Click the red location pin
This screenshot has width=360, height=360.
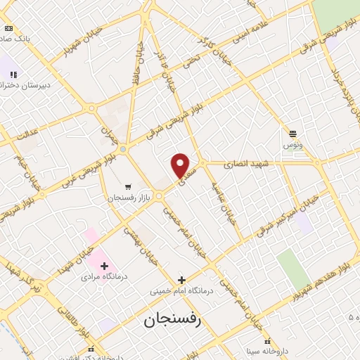pyautogui.click(x=181, y=165)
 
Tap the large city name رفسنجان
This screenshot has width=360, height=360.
pyautogui.click(x=172, y=321)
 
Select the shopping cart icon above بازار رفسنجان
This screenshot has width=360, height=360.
pyautogui.click(x=127, y=186)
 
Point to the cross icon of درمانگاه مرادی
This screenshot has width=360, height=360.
pyautogui.click(x=104, y=266)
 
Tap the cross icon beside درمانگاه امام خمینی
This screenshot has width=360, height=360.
pyautogui.click(x=181, y=280)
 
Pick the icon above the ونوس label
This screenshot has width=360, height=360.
pyautogui.click(x=292, y=133)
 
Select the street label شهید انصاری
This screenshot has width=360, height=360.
pyautogui.click(x=246, y=165)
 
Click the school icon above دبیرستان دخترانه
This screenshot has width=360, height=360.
pyautogui.click(x=13, y=73)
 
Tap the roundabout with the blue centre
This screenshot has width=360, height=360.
pyautogui.click(x=123, y=149)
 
